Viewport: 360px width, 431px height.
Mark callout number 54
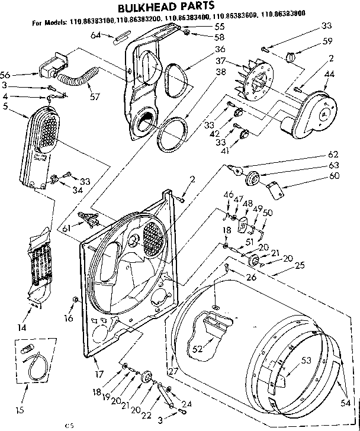345,403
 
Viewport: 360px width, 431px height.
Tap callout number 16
69,319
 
